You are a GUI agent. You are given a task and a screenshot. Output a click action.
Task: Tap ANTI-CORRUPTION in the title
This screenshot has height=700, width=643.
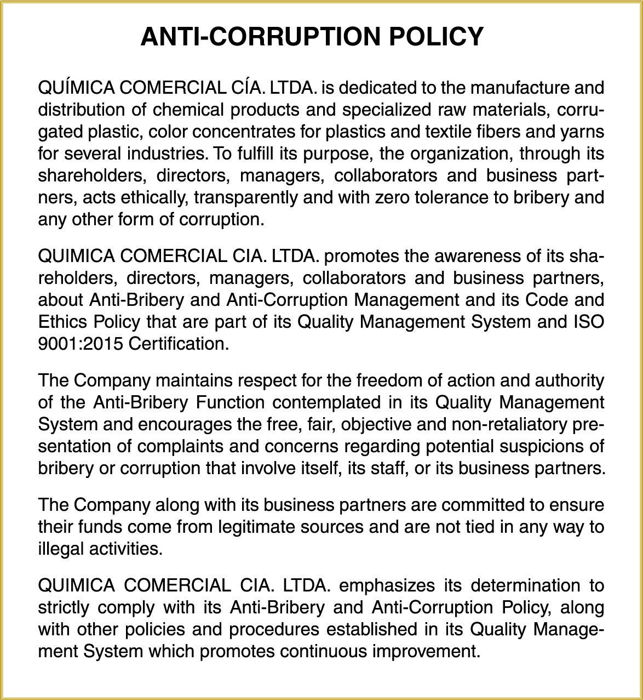click(x=261, y=37)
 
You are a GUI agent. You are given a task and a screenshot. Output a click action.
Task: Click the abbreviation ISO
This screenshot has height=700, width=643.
click(x=588, y=322)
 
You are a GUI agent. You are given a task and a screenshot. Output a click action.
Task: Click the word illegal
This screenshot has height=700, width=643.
click(x=64, y=549)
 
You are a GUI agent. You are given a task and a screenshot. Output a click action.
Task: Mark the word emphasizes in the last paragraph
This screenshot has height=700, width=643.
click(x=388, y=585)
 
